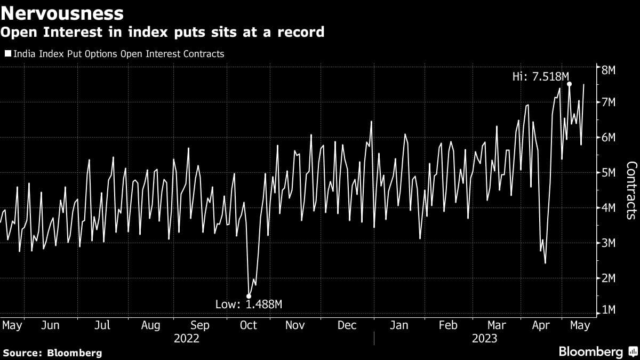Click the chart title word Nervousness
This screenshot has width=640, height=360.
pos(62,12)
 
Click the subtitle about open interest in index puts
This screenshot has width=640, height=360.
pos(162,32)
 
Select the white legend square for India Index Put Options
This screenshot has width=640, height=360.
pos(7,54)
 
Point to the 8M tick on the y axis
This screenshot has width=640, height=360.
pos(609,70)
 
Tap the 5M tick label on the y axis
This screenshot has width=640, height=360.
pos(609,173)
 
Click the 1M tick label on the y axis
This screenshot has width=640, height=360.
pos(609,310)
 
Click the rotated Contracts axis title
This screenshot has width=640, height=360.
pos(630,190)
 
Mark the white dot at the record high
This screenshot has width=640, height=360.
pos(570,84)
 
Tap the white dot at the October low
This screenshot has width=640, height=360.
pos(249,296)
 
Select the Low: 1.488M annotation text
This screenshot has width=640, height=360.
pos(249,305)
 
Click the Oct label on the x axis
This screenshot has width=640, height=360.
pos(249,325)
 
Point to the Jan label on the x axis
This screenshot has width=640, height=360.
pos(399,325)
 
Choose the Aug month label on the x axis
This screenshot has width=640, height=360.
pos(151,325)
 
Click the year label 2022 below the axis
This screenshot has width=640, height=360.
pos(186,338)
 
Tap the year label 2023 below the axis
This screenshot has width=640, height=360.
pos(484,338)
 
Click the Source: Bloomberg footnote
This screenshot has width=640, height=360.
pos(52,353)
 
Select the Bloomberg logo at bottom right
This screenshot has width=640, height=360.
pos(597,351)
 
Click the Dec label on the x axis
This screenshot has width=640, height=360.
pos(348,325)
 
